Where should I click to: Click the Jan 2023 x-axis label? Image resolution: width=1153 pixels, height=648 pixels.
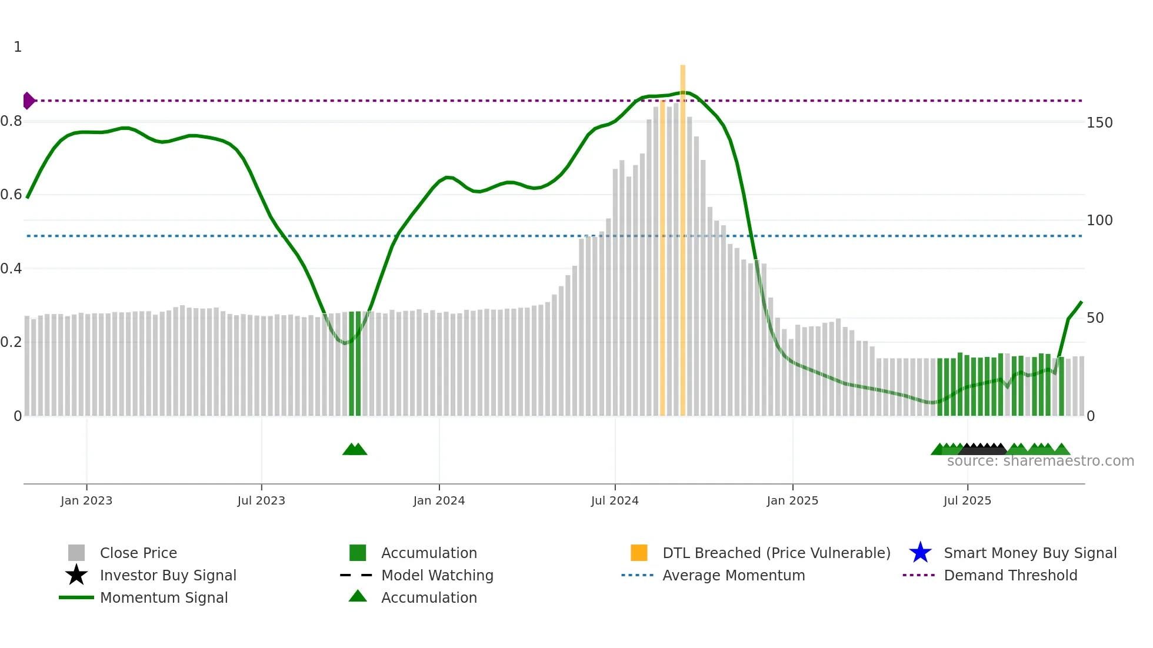(86, 501)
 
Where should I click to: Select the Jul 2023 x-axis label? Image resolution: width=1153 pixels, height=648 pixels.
(261, 501)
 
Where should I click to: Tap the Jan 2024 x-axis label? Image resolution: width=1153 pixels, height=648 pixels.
(439, 501)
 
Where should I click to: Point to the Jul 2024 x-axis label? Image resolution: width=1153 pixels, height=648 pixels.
(615, 501)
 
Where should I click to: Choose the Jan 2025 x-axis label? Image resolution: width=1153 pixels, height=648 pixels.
(792, 501)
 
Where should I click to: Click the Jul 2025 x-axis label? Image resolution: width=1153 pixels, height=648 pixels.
(967, 501)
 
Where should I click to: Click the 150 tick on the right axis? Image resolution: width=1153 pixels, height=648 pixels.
(1099, 123)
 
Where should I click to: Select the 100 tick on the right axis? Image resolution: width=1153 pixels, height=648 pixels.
(1099, 221)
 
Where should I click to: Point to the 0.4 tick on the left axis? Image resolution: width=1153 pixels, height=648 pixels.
(11, 269)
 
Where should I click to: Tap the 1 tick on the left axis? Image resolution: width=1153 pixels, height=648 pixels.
(18, 47)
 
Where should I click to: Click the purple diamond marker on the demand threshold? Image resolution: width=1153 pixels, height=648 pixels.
(28, 101)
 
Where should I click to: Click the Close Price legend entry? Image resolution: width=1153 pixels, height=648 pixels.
(138, 553)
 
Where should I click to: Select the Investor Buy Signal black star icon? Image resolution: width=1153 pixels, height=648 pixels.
(76, 575)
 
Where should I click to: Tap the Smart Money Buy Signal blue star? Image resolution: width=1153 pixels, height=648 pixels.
(920, 553)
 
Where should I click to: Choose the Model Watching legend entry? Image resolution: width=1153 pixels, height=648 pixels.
(437, 576)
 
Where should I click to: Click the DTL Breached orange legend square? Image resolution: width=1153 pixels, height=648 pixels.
(639, 553)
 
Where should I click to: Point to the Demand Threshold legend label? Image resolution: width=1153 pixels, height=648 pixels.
(1011, 576)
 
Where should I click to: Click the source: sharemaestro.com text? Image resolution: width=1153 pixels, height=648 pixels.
(1040, 461)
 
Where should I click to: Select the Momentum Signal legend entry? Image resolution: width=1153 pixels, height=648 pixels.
(164, 598)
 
